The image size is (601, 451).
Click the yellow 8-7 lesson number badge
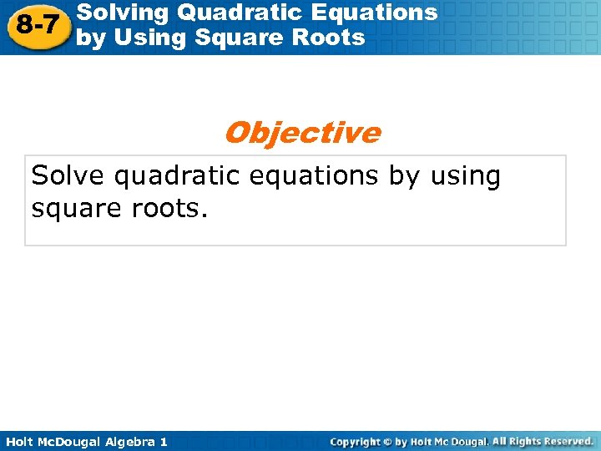coord(37,25)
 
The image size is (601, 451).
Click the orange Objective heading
coord(301,133)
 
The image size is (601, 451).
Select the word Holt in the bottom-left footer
coord(22,441)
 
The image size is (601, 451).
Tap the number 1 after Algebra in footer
coord(163,441)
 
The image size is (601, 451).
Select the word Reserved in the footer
coord(564,441)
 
